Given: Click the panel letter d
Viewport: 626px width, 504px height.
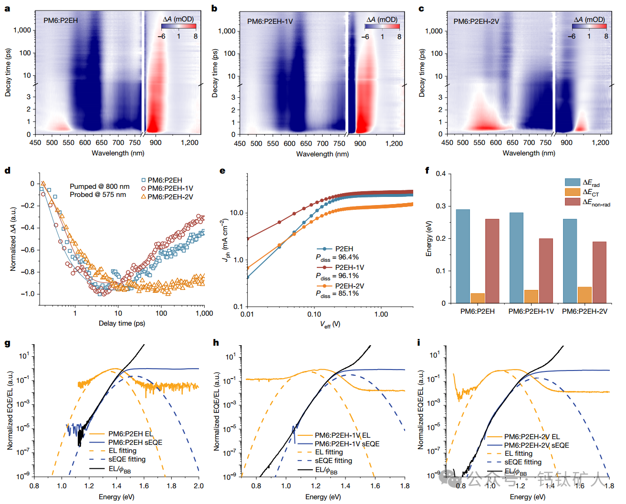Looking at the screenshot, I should point(7,170).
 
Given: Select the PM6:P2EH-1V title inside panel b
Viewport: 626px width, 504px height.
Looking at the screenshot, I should point(270,21).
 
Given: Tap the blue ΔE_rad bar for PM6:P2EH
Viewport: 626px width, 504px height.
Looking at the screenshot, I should point(463,256).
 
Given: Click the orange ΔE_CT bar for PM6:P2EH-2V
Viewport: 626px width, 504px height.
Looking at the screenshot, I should point(584,295).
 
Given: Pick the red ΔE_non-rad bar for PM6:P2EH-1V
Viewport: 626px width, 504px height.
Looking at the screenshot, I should point(546,270).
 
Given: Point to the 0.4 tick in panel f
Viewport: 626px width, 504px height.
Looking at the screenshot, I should point(440,174).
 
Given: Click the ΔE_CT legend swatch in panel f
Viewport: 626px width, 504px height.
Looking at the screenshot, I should point(572,192).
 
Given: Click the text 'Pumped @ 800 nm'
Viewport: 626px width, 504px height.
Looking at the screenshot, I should point(99,186).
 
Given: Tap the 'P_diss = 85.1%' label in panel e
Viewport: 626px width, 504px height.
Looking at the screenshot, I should point(337,294).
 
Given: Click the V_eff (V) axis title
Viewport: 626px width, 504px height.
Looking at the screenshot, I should point(330,325).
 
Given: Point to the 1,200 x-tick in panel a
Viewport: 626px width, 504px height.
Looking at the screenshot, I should point(189,143).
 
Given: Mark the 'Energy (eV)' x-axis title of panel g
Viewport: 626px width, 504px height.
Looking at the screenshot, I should point(116,497).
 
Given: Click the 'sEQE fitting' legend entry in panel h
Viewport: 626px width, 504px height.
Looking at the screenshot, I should point(333,461).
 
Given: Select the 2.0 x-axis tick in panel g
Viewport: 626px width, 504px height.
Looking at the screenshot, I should point(198,486).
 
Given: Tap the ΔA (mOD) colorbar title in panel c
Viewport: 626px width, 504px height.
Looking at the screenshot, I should point(589,20).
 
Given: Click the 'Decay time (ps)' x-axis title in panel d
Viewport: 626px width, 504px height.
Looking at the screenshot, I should point(122,323).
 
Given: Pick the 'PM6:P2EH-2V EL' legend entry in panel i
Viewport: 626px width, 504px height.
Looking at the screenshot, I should point(532,437).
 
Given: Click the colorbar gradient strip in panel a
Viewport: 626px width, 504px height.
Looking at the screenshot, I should point(179,26).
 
